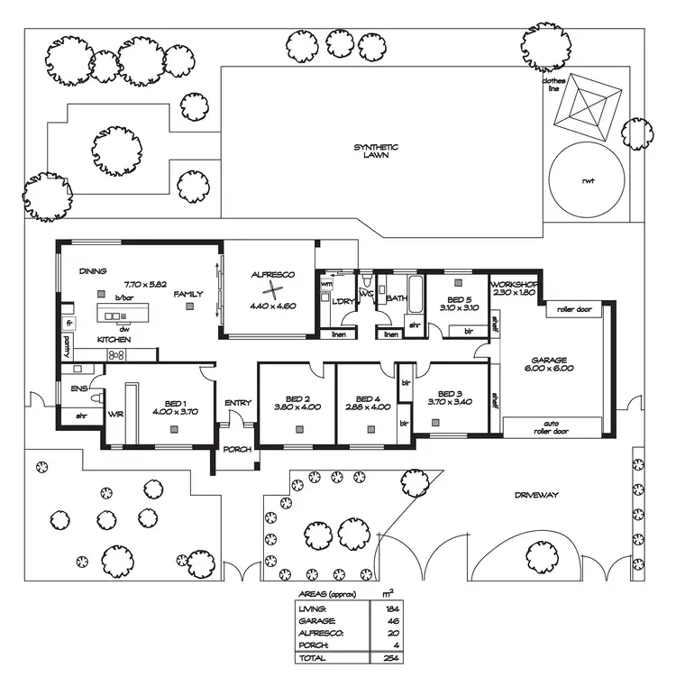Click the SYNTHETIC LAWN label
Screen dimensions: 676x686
[x=376, y=151]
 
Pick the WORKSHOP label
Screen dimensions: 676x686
[x=514, y=285]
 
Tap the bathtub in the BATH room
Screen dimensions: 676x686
[x=416, y=292]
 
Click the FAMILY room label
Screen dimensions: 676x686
[x=188, y=294]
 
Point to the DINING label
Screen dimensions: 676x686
[x=94, y=270]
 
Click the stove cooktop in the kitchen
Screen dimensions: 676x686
[x=116, y=356]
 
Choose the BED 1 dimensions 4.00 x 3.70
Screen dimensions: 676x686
[x=176, y=411]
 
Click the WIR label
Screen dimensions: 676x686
[x=114, y=415]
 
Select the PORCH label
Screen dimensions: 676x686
[x=238, y=450]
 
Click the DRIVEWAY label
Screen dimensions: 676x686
[x=538, y=495]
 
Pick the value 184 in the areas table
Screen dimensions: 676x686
[x=389, y=609]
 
